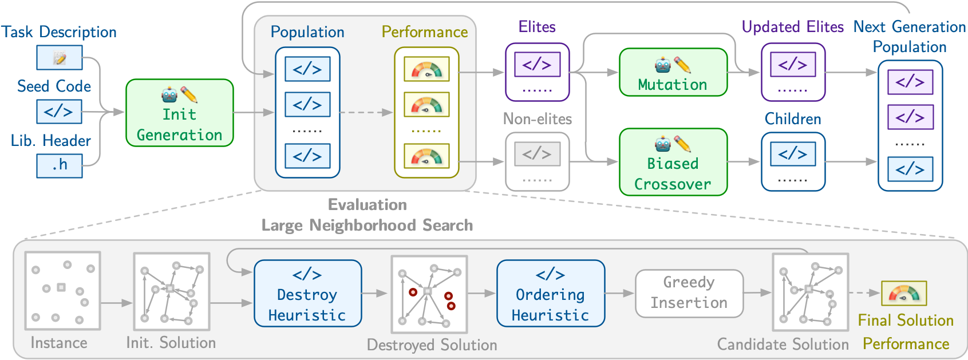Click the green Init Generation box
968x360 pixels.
click(179, 113)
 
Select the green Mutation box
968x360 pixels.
click(673, 72)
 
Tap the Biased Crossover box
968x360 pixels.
click(673, 162)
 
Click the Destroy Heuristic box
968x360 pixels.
click(307, 294)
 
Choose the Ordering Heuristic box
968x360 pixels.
click(550, 294)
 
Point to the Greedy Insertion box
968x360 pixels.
click(689, 294)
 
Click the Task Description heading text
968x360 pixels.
click(59, 32)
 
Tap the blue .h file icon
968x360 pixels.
click(60, 165)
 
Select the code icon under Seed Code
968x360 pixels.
click(60, 112)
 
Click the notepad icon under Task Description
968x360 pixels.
click(60, 58)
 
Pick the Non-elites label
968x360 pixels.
click(537, 119)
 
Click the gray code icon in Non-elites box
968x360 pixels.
click(537, 154)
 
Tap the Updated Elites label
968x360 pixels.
click(792, 27)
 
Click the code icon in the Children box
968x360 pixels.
click(793, 154)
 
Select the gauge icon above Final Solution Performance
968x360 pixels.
click(903, 294)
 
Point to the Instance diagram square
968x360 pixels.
click(62, 291)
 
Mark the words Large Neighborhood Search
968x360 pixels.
click(367, 226)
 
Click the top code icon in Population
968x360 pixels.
click(307, 69)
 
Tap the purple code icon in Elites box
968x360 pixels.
click(537, 64)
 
